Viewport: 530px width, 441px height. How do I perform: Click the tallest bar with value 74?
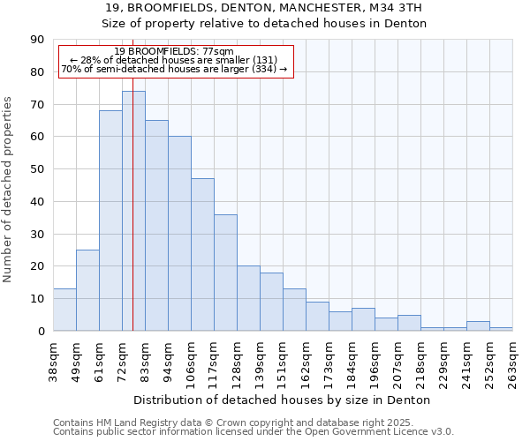click(133, 211)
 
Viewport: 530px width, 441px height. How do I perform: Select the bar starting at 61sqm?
click(110, 220)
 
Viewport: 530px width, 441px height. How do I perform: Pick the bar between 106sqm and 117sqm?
click(202, 255)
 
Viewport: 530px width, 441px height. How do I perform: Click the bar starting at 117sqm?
click(225, 273)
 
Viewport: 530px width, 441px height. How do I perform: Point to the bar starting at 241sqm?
click(478, 326)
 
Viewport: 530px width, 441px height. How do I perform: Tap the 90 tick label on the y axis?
click(37, 40)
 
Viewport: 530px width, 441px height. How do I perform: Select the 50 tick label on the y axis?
click(37, 169)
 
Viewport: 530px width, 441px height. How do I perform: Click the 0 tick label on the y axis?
click(41, 331)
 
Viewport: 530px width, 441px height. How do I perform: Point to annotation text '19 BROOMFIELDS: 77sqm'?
click(175, 52)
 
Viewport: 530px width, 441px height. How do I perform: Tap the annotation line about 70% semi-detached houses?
click(175, 69)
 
